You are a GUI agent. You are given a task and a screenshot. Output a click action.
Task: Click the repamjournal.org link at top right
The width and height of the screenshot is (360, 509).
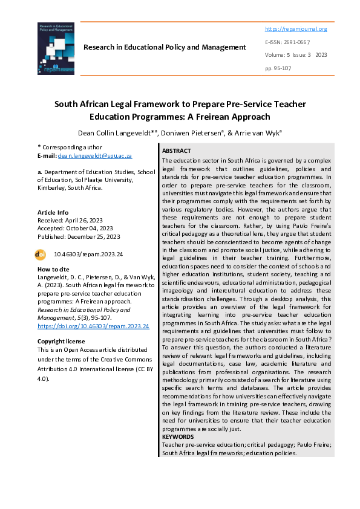(x=296, y=29)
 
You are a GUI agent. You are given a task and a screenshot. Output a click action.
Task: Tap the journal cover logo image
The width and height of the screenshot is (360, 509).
(x=56, y=48)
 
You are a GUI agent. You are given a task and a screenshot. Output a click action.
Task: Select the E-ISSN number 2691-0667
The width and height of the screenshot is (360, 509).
(x=296, y=42)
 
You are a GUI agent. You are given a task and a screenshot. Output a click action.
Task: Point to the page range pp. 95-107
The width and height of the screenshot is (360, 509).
(x=278, y=68)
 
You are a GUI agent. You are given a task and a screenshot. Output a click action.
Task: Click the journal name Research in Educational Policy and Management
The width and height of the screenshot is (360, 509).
(x=165, y=47)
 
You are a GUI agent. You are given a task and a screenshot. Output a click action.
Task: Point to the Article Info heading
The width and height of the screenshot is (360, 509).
(x=53, y=212)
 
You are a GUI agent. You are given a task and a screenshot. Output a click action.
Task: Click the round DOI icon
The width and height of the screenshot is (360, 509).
(x=42, y=255)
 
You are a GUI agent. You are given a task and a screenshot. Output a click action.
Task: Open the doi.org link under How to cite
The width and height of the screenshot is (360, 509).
(x=93, y=325)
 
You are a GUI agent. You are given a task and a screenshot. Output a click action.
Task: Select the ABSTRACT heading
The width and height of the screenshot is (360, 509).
(x=177, y=151)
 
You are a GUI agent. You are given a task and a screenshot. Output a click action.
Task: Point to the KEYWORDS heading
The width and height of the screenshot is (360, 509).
(x=178, y=436)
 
